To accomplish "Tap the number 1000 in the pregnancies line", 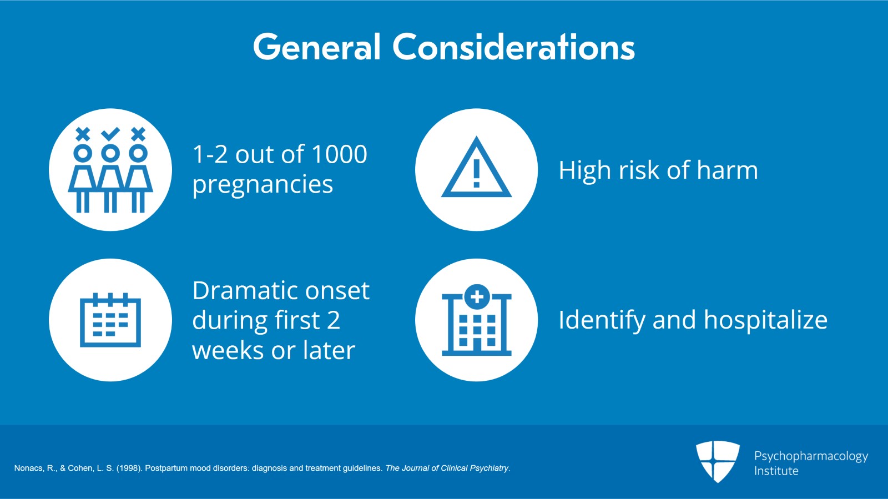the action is click(339, 154).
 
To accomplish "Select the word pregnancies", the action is click(263, 185).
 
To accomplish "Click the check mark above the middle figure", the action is click(110, 134).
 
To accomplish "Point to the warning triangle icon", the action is click(477, 168).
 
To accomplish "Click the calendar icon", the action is click(110, 320).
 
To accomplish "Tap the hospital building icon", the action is click(477, 320).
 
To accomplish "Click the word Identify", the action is click(602, 321).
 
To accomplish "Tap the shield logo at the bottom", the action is click(718, 461).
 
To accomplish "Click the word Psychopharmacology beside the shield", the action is click(811, 457).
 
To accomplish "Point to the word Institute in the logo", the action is click(776, 471).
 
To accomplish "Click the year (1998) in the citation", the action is click(129, 468).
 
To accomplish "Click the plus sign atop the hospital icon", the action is click(477, 296).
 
